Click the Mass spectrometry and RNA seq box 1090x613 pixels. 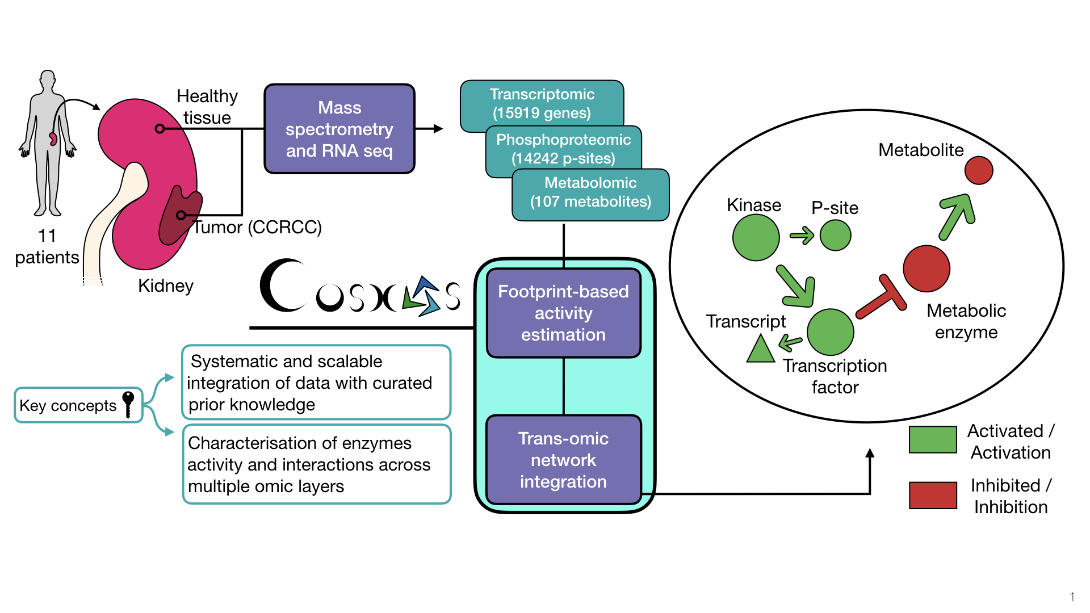tap(339, 129)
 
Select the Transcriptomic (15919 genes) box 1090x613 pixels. tap(542, 103)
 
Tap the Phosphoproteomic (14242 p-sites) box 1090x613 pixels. tap(563, 148)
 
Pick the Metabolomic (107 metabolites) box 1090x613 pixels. tap(590, 192)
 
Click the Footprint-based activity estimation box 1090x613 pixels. tap(563, 313)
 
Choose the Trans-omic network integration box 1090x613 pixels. tap(563, 460)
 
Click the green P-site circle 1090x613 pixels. tap(835, 235)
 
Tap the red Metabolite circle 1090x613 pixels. tap(978, 170)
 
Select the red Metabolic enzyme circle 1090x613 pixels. tap(926, 268)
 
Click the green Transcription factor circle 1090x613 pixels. tap(830, 332)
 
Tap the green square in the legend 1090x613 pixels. tap(932, 440)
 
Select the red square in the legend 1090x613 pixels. tap(932, 495)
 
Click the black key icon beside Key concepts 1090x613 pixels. tap(128, 403)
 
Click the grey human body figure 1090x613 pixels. tap(47, 142)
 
